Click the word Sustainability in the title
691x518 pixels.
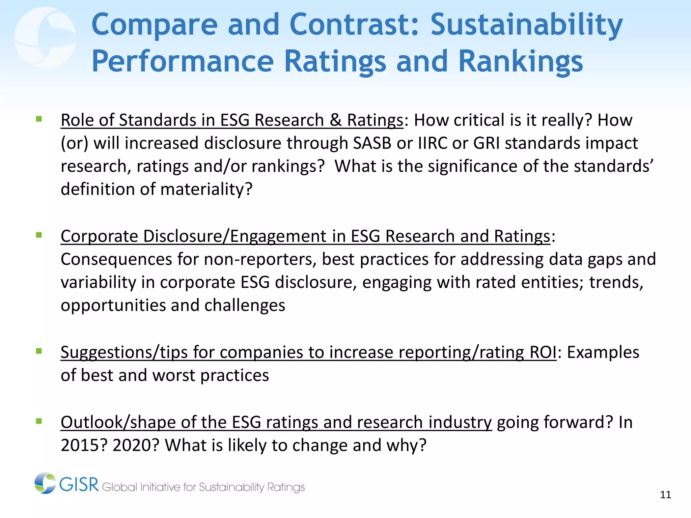526,25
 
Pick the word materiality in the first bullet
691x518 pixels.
206,189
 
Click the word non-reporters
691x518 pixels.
260,259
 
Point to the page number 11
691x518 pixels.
665,495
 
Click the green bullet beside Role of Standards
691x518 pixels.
39,119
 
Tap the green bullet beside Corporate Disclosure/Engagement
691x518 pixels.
39,235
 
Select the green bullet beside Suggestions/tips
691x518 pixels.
39,351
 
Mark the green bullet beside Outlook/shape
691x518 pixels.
39,421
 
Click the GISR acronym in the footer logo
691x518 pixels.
79,485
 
